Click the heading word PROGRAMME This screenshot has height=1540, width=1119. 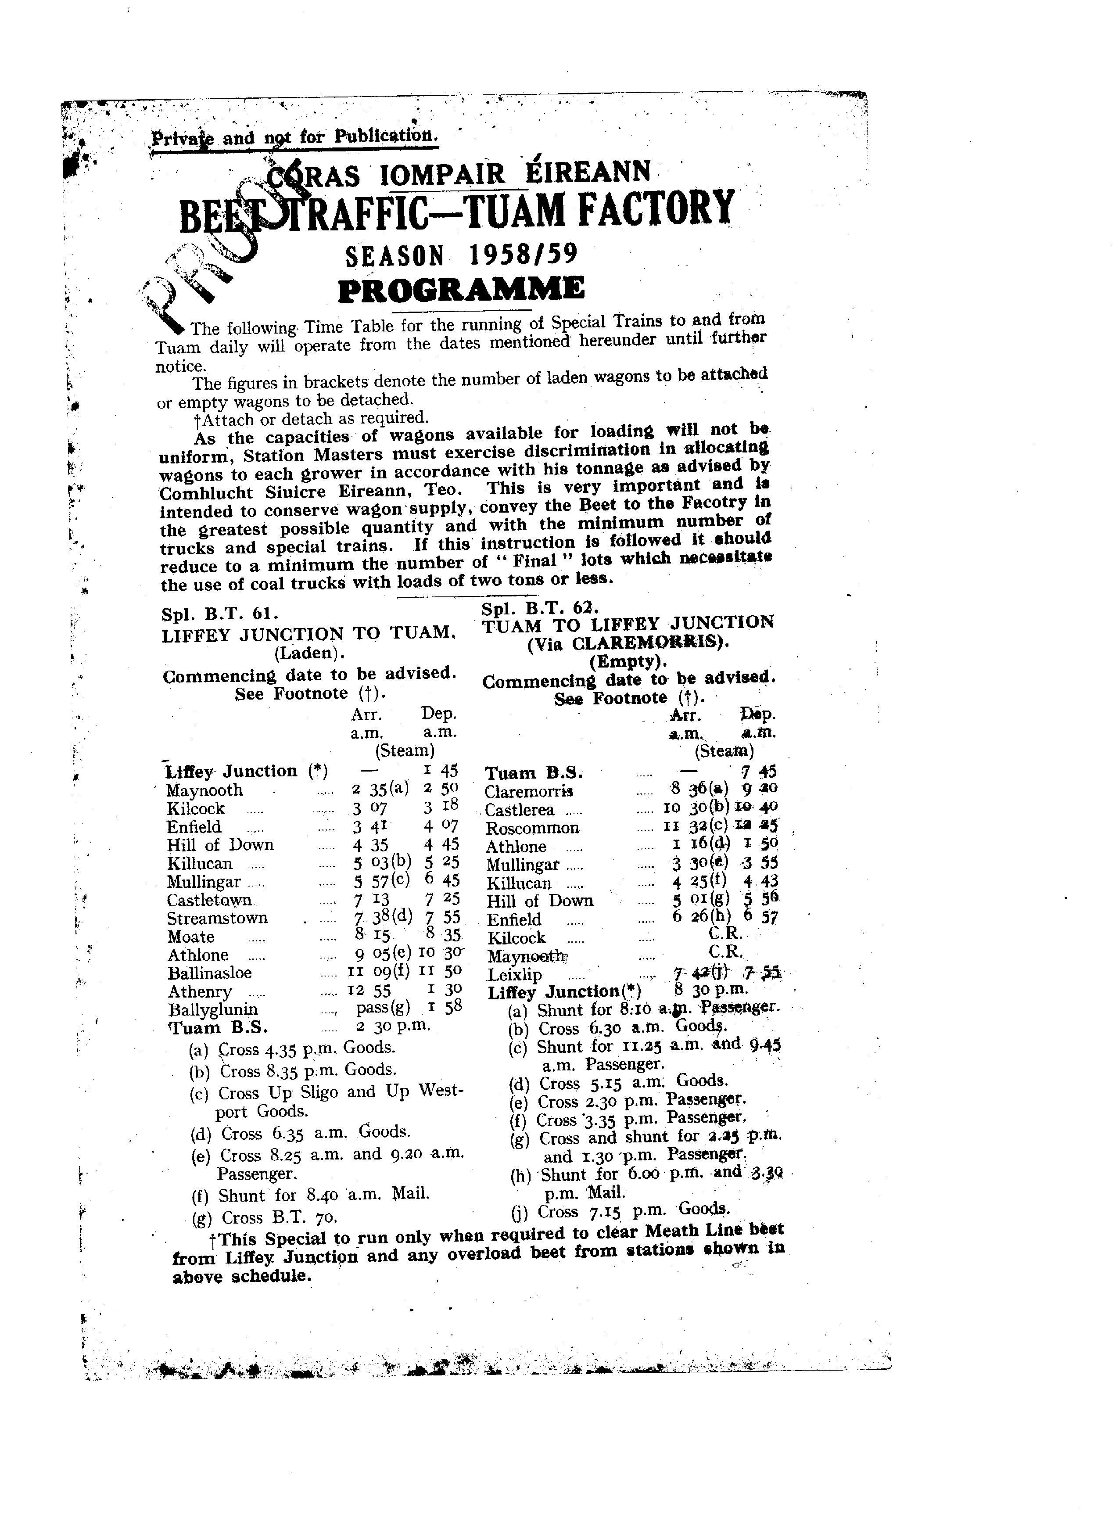click(461, 289)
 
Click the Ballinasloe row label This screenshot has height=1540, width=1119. click(210, 973)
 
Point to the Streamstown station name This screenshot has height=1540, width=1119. click(217, 918)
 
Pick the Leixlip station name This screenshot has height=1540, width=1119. click(515, 975)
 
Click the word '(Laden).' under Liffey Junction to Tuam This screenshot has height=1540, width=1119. click(309, 653)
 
